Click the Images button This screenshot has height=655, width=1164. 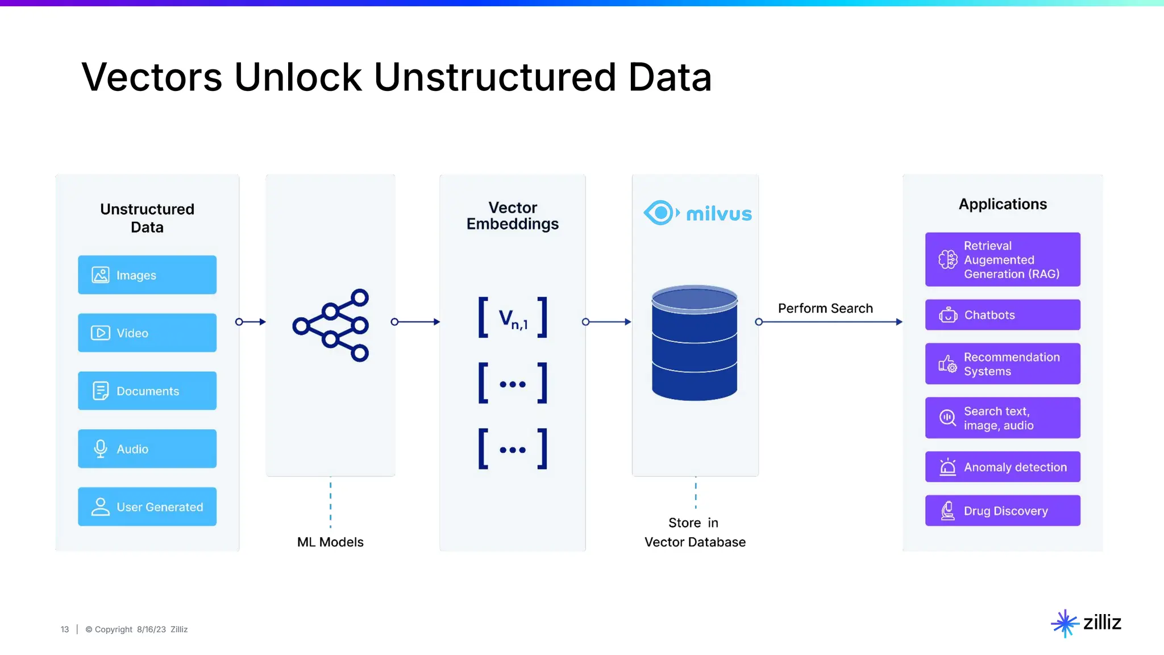click(x=147, y=275)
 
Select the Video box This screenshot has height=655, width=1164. click(x=147, y=333)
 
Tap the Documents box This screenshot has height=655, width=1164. click(x=147, y=391)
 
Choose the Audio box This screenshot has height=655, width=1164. click(x=147, y=449)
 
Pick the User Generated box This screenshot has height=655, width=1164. click(x=147, y=507)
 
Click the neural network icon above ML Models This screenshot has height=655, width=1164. click(x=331, y=325)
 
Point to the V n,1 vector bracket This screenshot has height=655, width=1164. click(x=513, y=318)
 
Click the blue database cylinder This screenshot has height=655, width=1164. click(x=695, y=343)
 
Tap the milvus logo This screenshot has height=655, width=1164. click(x=697, y=213)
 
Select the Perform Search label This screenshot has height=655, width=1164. click(x=825, y=308)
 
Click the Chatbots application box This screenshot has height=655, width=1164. click(x=1003, y=315)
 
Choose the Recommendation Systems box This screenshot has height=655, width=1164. click(x=1003, y=364)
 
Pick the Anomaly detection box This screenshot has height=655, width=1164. click(x=1003, y=467)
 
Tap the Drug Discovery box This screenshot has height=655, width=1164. click(x=1003, y=511)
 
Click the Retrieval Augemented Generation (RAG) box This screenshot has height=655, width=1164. click(x=1003, y=260)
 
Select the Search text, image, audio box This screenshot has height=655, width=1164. click(x=1003, y=418)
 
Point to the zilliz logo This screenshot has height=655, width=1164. click(x=1086, y=623)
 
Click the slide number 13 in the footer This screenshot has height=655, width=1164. click(x=65, y=629)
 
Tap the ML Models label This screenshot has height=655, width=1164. click(x=330, y=542)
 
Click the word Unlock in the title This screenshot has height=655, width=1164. click(x=298, y=77)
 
